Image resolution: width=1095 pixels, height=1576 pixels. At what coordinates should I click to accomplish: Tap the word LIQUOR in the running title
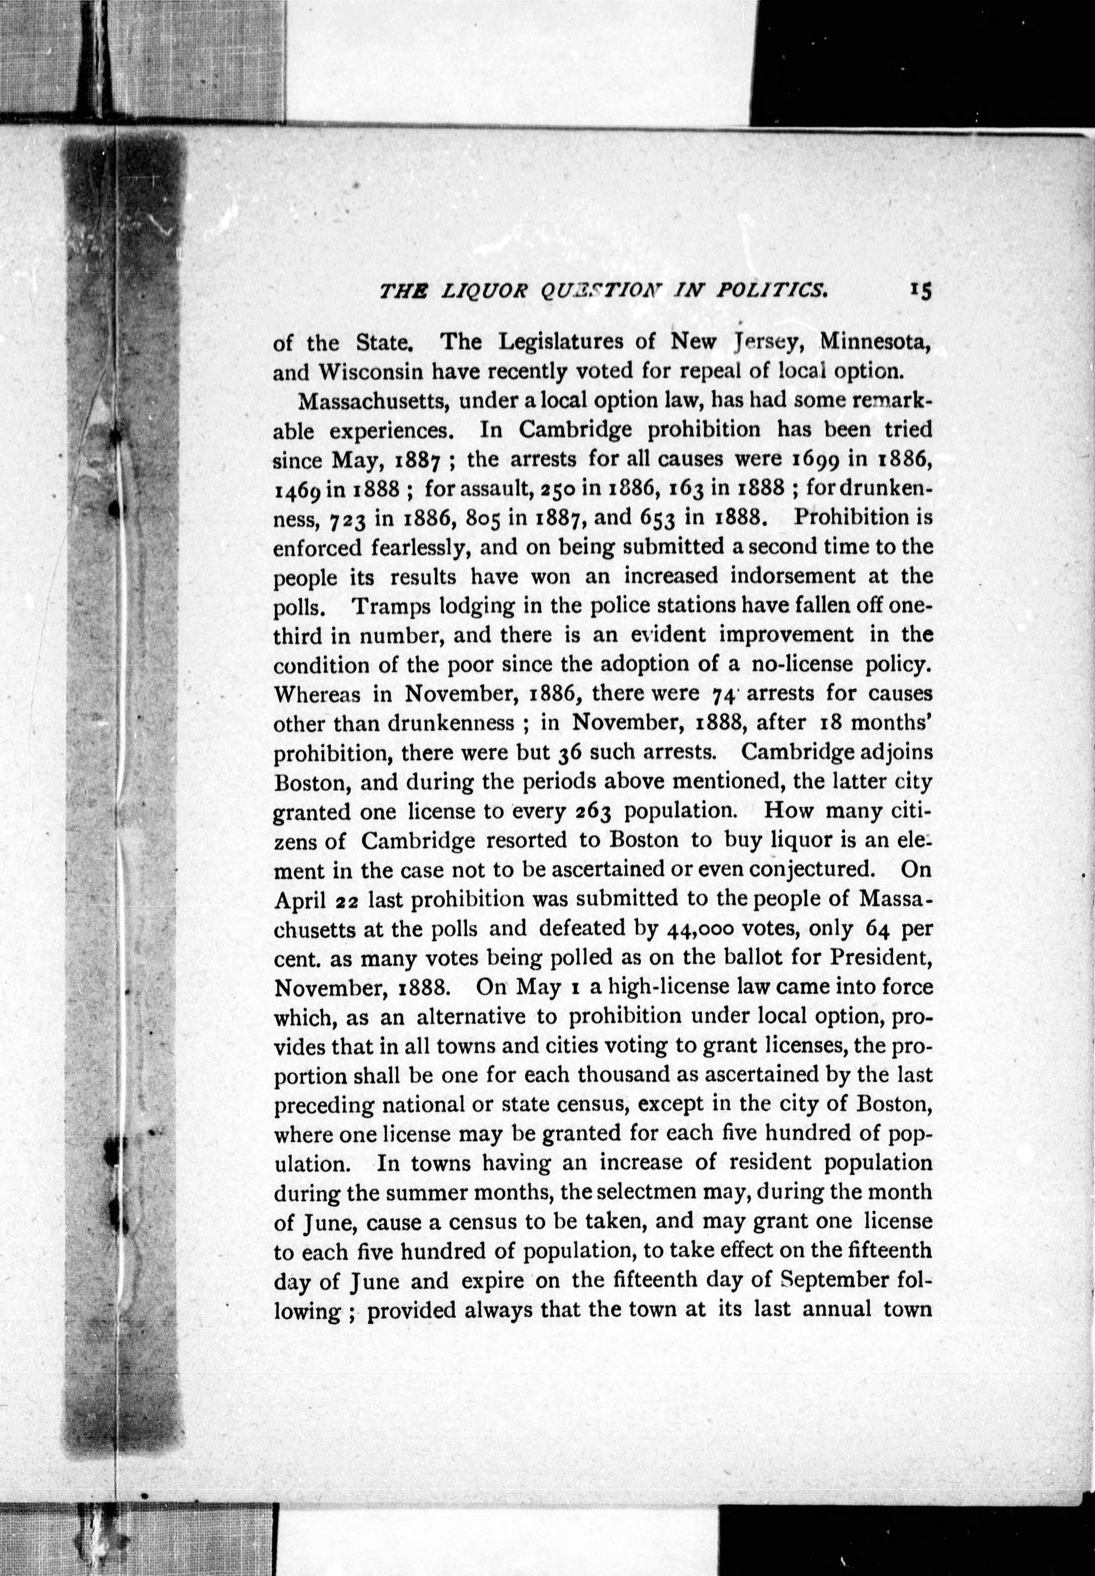484,291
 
